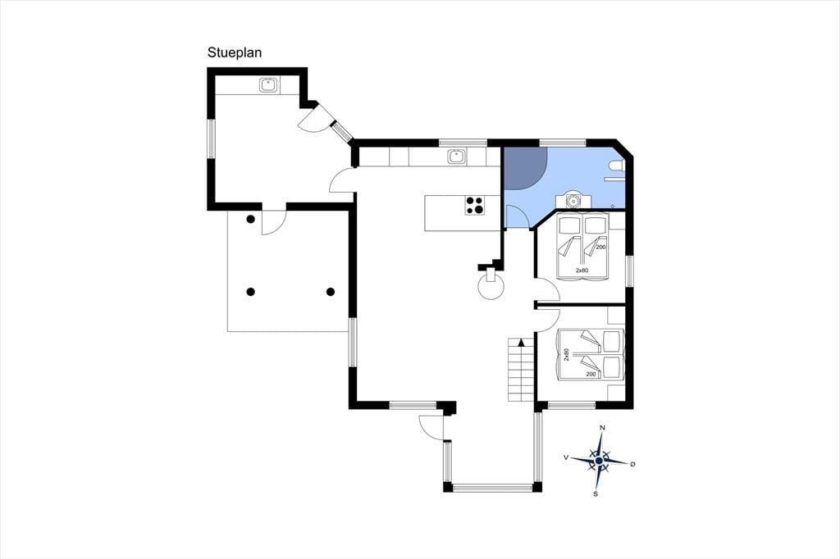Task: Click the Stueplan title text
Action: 235,53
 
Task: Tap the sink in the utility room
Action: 268,84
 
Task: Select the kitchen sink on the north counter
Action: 457,157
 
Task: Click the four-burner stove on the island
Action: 475,206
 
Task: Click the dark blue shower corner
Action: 523,166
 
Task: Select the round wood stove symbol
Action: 491,287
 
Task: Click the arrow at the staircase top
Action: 522,343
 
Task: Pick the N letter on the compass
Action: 602,428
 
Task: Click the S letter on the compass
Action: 596,493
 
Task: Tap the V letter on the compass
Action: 566,457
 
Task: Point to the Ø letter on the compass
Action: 632,464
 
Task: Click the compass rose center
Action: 599,461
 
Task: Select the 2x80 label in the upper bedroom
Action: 582,270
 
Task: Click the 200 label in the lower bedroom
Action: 591,374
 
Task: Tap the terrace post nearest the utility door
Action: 250,219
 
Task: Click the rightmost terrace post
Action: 331,292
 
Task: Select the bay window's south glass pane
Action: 493,487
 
